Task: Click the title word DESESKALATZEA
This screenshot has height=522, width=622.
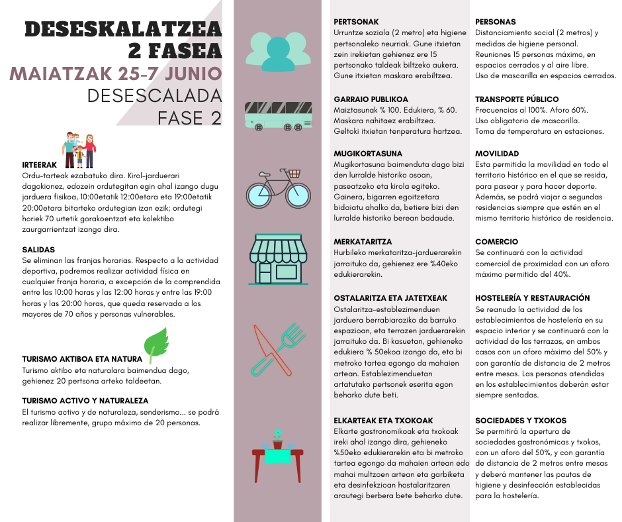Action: pos(123,29)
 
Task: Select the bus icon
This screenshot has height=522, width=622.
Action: pos(278,114)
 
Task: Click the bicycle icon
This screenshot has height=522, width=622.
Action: pos(278,187)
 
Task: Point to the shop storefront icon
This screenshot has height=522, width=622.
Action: pos(278,258)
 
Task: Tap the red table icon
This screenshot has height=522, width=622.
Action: pos(278,455)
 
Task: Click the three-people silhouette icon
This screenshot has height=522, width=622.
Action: pos(278,50)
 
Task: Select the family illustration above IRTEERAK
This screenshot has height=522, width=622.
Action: pos(79,150)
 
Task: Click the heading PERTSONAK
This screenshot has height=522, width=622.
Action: pos(357,22)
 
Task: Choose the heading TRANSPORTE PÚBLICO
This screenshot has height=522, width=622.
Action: pos(517,99)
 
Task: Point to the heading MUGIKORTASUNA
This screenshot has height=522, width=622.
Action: pos(368,153)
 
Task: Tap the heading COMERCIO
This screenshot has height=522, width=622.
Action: pos(496,242)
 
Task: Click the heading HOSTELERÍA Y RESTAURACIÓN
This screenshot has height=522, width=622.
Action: pos(532,298)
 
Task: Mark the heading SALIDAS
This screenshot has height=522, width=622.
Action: pos(38,250)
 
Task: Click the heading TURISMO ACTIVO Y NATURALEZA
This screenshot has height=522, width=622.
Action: pos(85,401)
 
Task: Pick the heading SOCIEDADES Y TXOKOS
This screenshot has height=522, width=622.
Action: pos(521,420)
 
